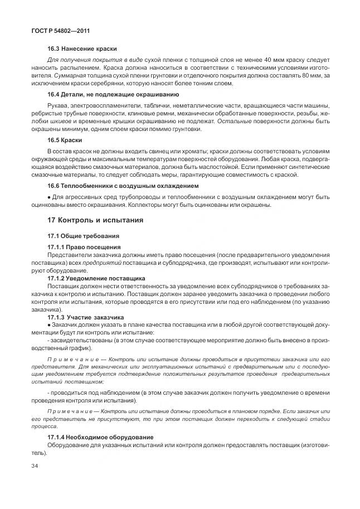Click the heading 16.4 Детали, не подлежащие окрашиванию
[113, 94]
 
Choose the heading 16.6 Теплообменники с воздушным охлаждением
[123, 185]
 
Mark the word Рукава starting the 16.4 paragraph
[59, 105]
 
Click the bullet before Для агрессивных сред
[49, 197]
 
